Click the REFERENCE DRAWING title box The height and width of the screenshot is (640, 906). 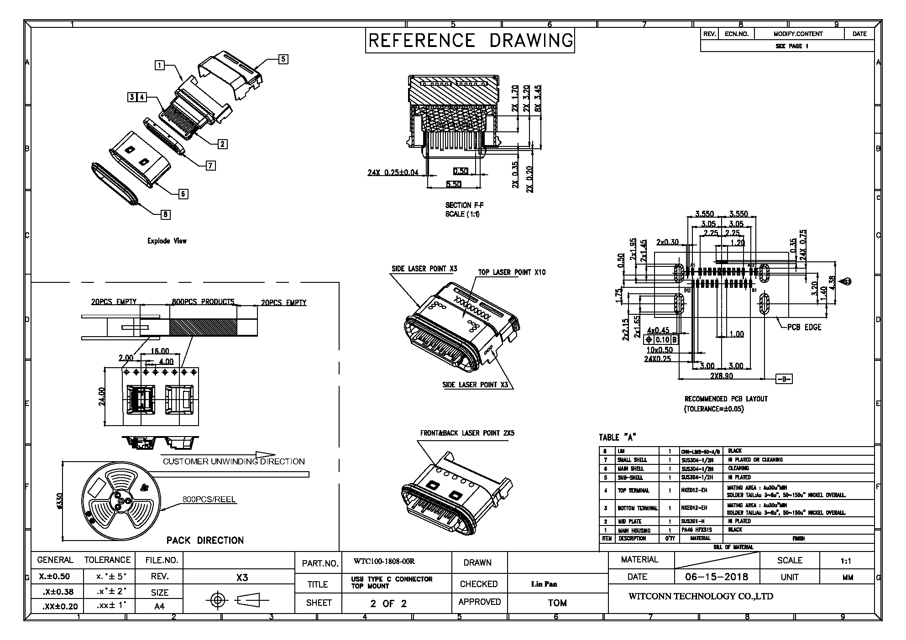click(470, 41)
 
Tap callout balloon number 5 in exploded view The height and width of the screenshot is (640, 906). click(283, 59)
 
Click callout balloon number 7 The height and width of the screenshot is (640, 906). click(210, 166)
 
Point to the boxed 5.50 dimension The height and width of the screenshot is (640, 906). click(453, 184)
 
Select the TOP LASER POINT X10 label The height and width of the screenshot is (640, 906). click(512, 272)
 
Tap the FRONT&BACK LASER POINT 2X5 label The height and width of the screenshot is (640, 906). click(467, 433)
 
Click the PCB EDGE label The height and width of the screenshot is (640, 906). click(804, 327)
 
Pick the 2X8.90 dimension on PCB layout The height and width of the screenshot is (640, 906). click(722, 376)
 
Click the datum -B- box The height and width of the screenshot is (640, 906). click(784, 379)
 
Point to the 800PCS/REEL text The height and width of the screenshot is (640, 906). click(209, 499)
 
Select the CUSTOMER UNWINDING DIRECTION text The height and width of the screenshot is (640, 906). click(234, 461)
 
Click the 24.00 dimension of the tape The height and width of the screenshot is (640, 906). click(102, 396)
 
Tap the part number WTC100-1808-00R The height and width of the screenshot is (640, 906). click(384, 562)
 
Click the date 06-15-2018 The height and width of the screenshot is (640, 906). click(717, 577)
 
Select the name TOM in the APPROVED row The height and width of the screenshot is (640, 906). click(557, 603)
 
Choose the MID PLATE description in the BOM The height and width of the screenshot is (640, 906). click(629, 521)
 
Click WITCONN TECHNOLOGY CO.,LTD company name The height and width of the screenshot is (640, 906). click(701, 596)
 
